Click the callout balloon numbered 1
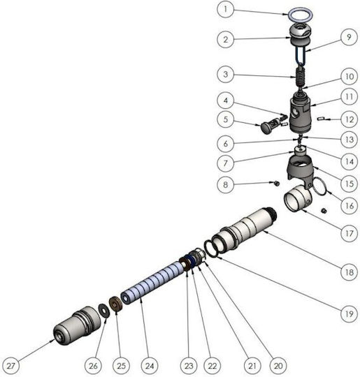225,9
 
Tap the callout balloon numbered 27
10,366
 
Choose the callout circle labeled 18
349,272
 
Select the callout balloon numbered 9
349,37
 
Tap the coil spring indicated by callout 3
301,77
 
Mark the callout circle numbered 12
349,119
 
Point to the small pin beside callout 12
322,118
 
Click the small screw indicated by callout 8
277,184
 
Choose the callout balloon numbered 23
189,366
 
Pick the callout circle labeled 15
349,184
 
